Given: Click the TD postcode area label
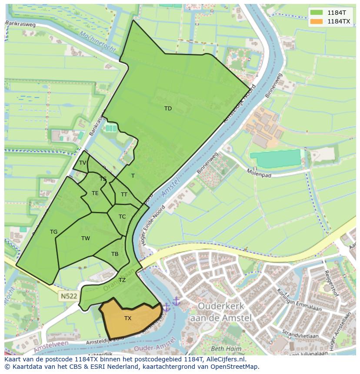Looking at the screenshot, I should click(x=168, y=109).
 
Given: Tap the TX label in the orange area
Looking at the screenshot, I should click(x=128, y=318).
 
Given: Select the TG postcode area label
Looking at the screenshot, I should click(x=53, y=232).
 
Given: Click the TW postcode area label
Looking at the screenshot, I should click(x=86, y=238).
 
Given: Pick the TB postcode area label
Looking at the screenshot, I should click(x=115, y=254).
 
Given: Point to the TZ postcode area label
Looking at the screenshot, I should click(x=122, y=280).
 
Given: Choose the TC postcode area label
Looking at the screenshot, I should click(x=122, y=217).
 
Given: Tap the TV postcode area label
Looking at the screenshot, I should click(x=83, y=163).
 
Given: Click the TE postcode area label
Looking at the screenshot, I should click(x=95, y=193).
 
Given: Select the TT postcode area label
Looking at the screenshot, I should click(x=124, y=195).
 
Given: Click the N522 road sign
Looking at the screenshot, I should click(x=69, y=296).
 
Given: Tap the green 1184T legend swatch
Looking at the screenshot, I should click(x=317, y=13).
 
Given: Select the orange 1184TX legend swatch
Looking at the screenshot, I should click(x=317, y=21).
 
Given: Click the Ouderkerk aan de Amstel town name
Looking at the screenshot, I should click(x=221, y=312).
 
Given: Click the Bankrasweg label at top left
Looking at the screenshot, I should click(x=20, y=25).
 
